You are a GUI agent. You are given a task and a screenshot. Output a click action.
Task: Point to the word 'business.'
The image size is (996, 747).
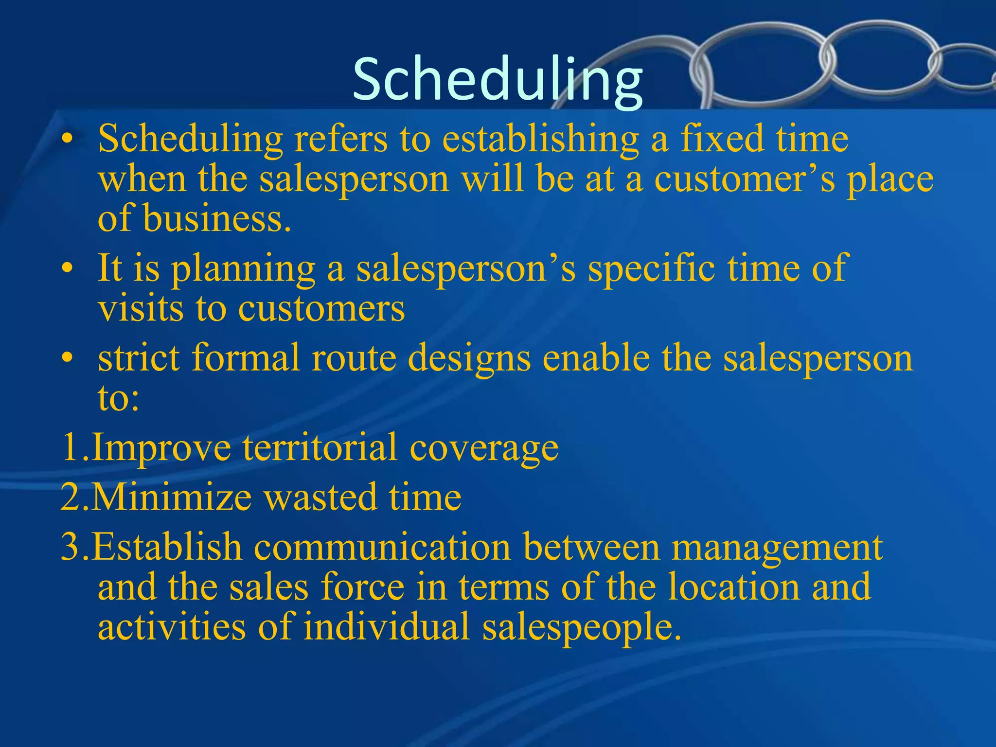[x=217, y=217]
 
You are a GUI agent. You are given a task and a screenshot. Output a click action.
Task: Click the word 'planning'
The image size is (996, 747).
[x=243, y=269]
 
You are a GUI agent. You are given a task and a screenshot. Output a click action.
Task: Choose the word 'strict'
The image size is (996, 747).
[x=139, y=357]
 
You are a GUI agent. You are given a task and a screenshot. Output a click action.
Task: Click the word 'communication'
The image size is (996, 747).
[x=382, y=547]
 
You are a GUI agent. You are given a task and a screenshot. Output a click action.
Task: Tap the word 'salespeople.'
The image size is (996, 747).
[x=582, y=627]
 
